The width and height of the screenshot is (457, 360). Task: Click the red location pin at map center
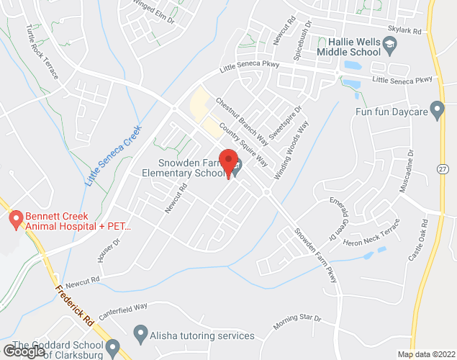229,163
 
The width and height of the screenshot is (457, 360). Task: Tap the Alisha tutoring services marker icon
140,334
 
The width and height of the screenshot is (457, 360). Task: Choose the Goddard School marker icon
112,349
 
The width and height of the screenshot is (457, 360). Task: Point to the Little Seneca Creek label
114,154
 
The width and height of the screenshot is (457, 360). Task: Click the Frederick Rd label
73,302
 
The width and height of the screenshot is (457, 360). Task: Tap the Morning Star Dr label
297,322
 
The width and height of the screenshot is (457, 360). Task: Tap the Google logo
24,351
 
